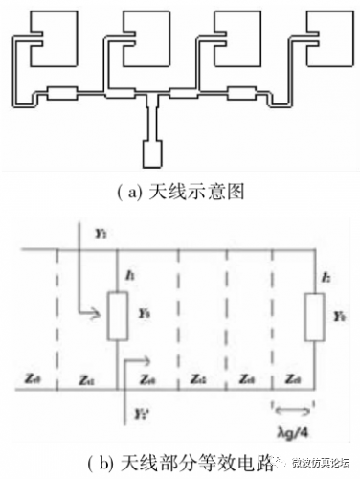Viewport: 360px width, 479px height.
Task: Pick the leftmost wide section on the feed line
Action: [62, 94]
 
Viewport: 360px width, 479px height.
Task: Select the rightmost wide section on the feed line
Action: [243, 94]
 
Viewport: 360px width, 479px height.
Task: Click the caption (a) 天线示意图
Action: [179, 191]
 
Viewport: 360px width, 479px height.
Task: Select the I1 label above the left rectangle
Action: [127, 276]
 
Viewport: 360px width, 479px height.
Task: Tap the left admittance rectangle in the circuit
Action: [117, 312]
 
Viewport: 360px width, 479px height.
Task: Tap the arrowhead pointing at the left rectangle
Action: [100, 311]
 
